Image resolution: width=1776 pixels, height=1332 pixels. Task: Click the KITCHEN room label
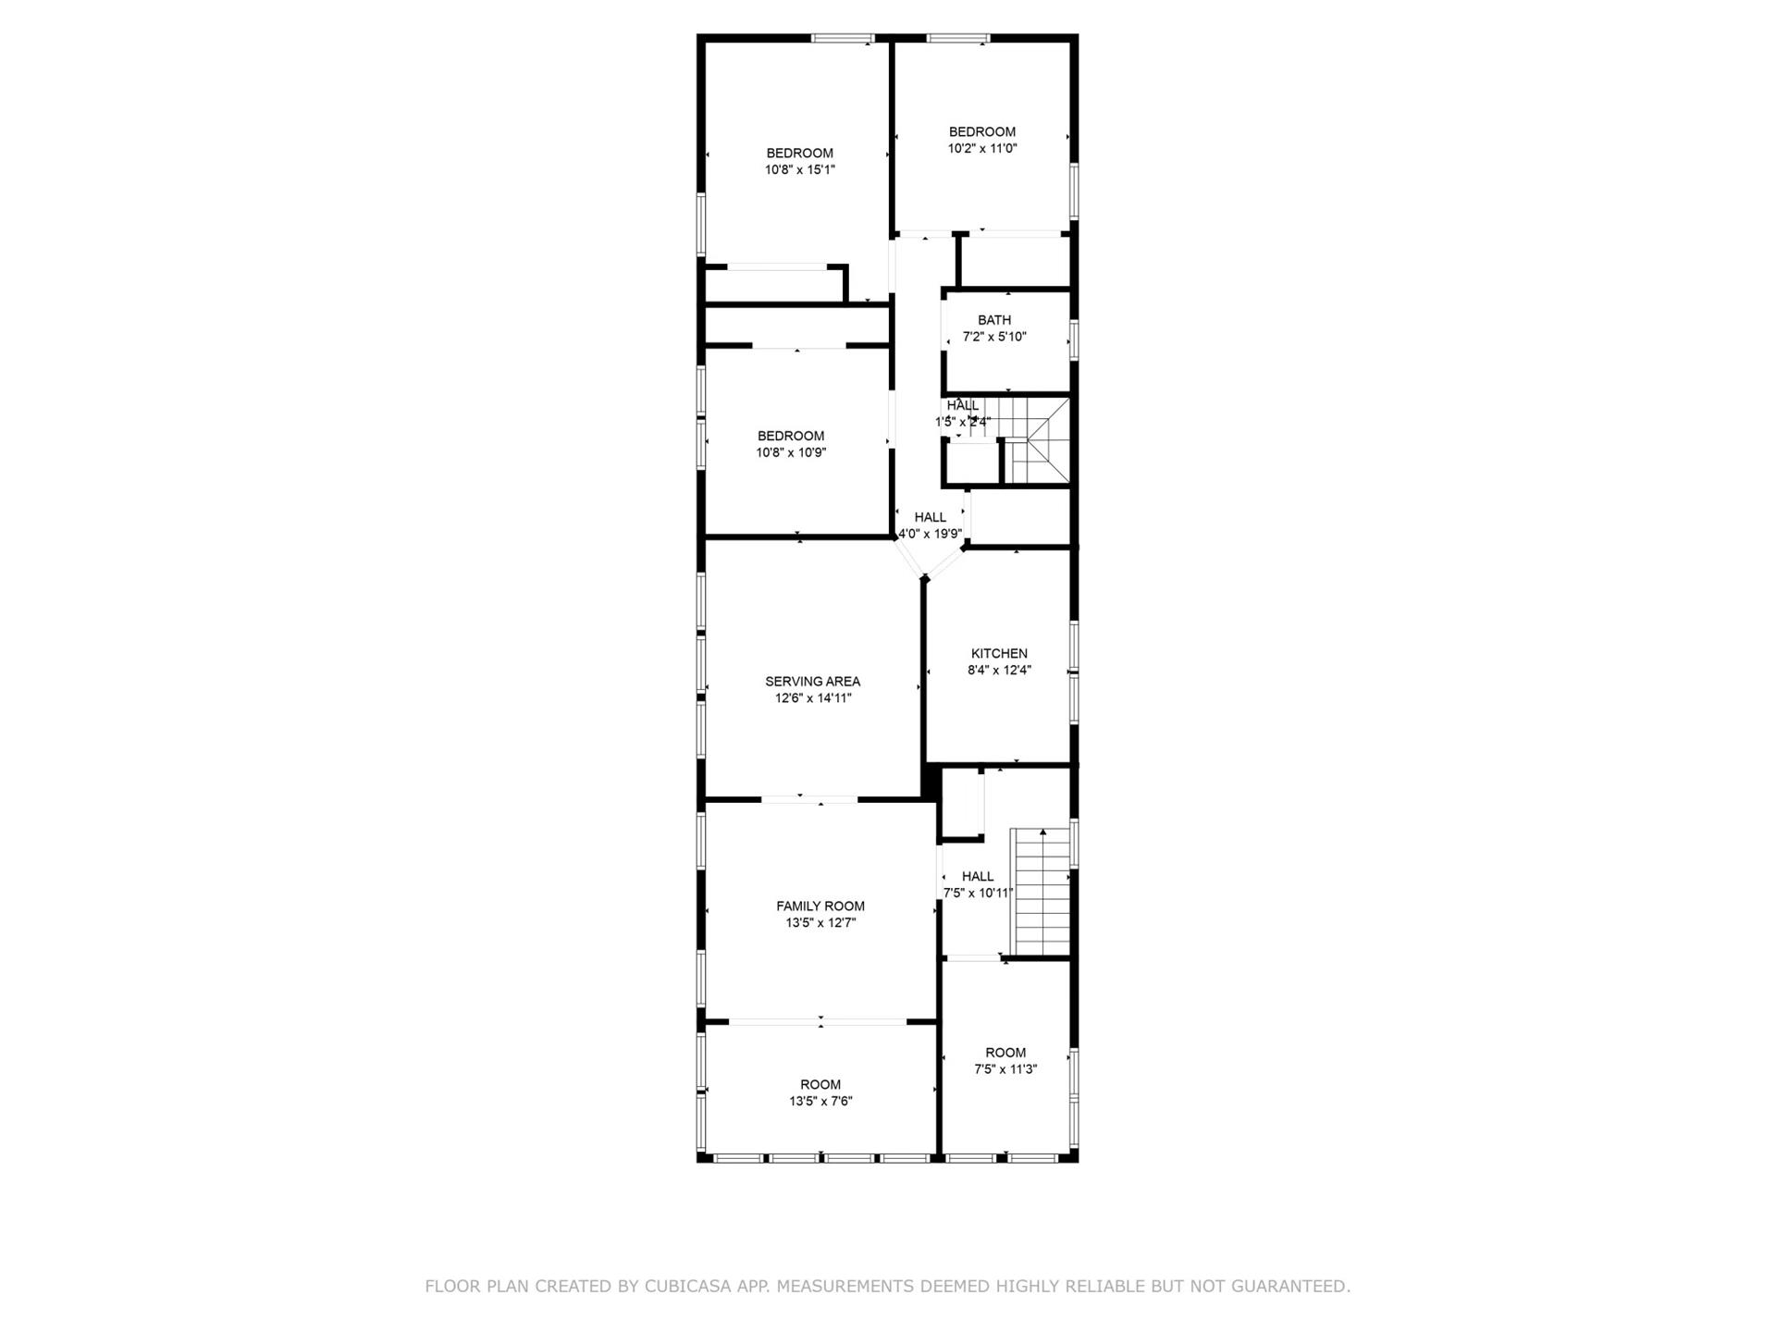999,653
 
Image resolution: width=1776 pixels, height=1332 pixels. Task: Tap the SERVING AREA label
812,682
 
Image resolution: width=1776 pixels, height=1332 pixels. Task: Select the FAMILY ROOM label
820,906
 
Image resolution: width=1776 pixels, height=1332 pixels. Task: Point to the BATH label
994,320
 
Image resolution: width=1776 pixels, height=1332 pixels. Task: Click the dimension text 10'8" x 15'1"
799,170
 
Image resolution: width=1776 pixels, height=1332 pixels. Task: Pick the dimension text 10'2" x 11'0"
982,148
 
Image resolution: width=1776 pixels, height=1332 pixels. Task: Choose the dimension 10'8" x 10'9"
791,453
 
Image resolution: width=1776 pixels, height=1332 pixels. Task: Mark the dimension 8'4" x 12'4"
999,671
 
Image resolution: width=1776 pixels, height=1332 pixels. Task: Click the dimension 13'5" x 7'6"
820,1102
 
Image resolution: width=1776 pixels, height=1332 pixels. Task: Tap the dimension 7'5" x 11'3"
1005,1069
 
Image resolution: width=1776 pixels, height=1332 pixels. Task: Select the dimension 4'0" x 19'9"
931,534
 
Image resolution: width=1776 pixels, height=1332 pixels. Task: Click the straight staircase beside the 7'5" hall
1042,892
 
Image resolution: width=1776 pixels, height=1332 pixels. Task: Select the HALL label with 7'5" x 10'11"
978,876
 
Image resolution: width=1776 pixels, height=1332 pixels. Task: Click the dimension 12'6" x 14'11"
813,698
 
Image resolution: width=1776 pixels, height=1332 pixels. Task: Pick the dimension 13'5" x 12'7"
820,923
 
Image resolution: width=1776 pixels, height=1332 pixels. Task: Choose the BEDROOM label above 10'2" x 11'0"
982,131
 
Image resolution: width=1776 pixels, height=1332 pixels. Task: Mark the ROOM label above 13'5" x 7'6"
820,1085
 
